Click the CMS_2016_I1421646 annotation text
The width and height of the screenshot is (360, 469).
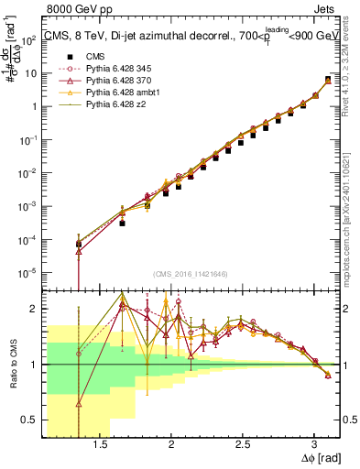(x=190, y=274)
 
